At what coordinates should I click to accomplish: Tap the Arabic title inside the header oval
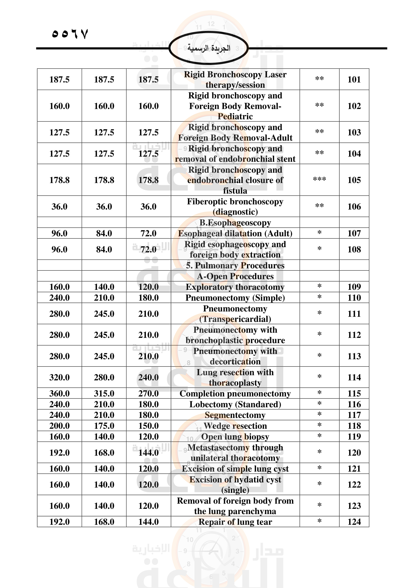pyautogui.click(x=209, y=48)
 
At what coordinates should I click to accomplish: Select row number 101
pyautogui.click(x=354, y=79)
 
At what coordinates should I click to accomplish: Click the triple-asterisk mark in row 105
pyautogui.click(x=319, y=179)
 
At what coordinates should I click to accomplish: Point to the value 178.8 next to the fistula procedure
pyautogui.click(x=148, y=180)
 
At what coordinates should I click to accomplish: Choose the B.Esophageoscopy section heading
pyautogui.click(x=235, y=222)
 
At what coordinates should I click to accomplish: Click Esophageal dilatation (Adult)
pyautogui.click(x=235, y=233)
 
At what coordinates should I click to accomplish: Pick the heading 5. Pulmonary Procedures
pyautogui.click(x=235, y=265)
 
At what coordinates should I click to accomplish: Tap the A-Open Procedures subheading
pyautogui.click(x=235, y=276)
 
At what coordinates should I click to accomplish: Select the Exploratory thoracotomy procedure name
pyautogui.click(x=235, y=287)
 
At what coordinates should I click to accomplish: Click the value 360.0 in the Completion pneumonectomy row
pyautogui.click(x=59, y=393)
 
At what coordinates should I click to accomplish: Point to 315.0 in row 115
pyautogui.click(x=104, y=393)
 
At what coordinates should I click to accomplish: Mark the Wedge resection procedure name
pyautogui.click(x=235, y=426)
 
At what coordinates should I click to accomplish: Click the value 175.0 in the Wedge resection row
pyautogui.click(x=104, y=426)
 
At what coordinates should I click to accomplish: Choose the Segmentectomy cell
pyautogui.click(x=235, y=415)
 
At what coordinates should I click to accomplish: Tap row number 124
pyautogui.click(x=354, y=522)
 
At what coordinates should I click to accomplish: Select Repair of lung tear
pyautogui.click(x=235, y=522)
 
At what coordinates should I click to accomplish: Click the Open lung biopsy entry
pyautogui.click(x=235, y=436)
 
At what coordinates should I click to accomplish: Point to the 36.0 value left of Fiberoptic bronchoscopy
pyautogui.click(x=148, y=206)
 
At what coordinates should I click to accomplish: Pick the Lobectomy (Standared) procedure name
pyautogui.click(x=235, y=404)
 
